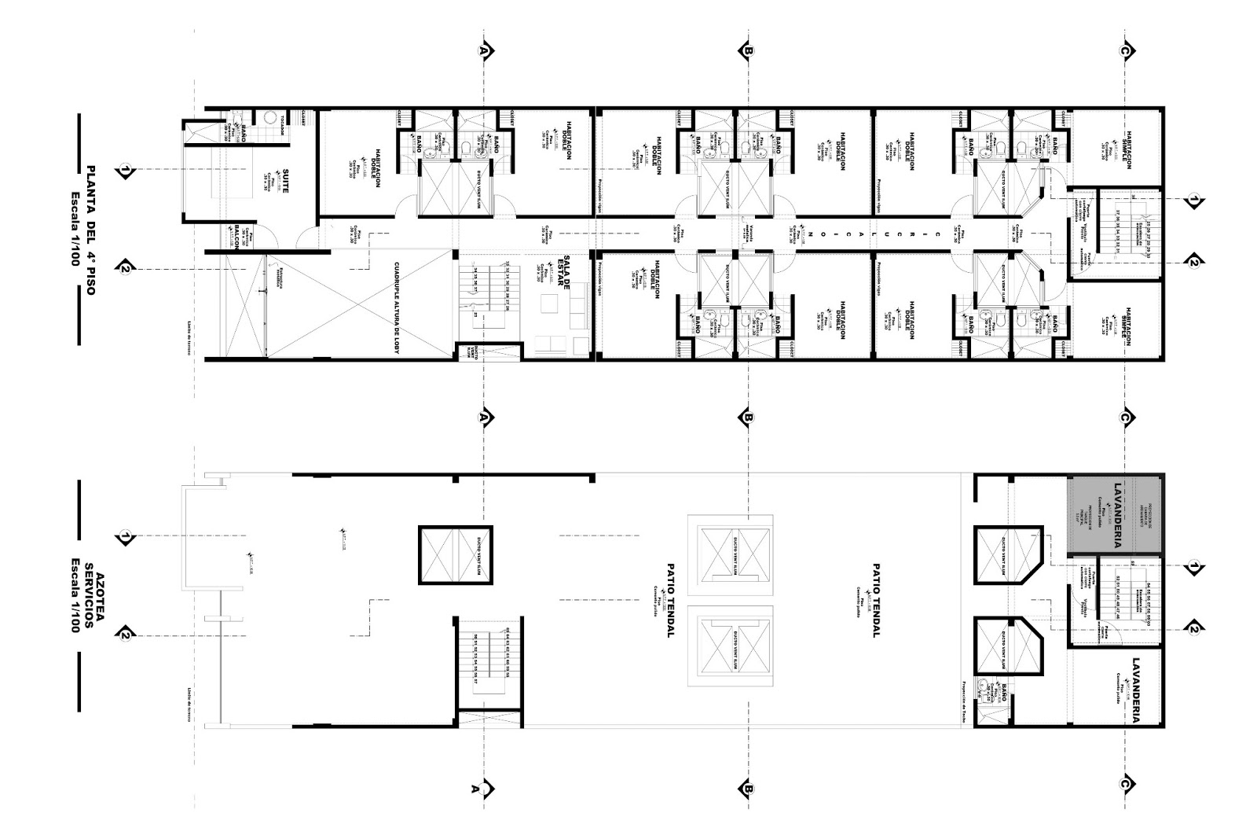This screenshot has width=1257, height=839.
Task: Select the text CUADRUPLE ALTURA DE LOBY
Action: [x=397, y=307]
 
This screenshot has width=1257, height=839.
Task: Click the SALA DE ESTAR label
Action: [x=563, y=274]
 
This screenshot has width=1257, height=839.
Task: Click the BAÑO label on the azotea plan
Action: [x=1005, y=693]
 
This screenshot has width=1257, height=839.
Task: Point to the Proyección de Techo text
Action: [x=963, y=696]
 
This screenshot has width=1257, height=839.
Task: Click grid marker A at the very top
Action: [x=485, y=50]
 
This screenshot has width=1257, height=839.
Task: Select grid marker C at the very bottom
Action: [x=1125, y=785]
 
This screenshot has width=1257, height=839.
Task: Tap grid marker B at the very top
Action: [x=746, y=50]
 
